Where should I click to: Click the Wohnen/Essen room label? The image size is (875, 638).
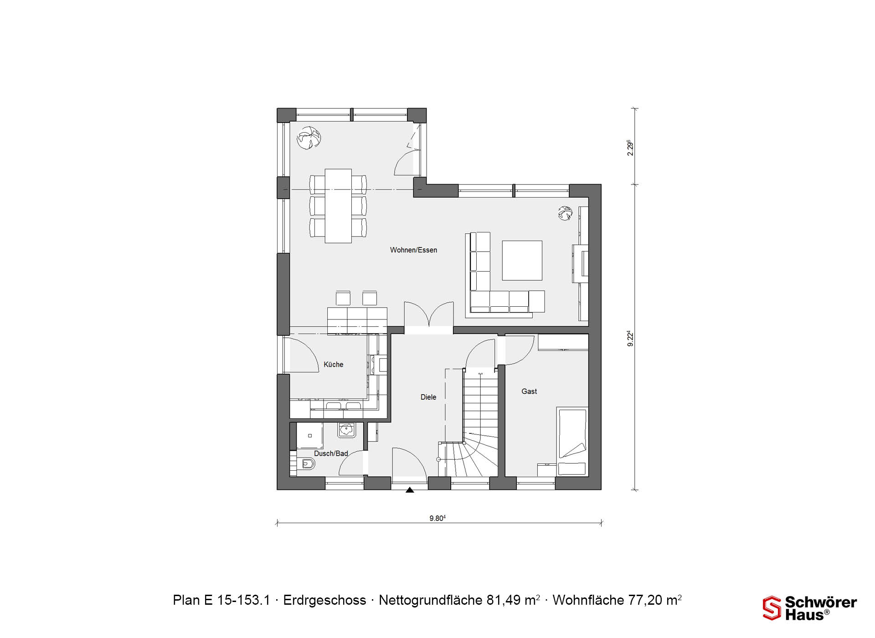(413, 250)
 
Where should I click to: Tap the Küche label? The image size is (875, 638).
(333, 365)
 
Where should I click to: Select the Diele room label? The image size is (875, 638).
(428, 397)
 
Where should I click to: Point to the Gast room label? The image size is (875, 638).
(529, 391)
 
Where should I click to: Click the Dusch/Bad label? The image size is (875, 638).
(331, 453)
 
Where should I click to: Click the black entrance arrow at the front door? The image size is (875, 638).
(410, 490)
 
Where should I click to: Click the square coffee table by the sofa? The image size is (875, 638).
(522, 260)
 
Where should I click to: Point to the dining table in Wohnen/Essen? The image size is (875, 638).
(338, 206)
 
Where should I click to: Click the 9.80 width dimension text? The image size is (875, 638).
(437, 518)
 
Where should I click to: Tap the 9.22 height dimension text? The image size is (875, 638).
(631, 338)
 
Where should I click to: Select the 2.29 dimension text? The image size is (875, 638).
(631, 148)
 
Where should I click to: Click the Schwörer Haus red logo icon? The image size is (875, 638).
(772, 608)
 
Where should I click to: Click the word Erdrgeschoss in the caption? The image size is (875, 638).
(324, 600)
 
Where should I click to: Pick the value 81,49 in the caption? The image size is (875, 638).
(503, 600)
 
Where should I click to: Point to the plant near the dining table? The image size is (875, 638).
(309, 138)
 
